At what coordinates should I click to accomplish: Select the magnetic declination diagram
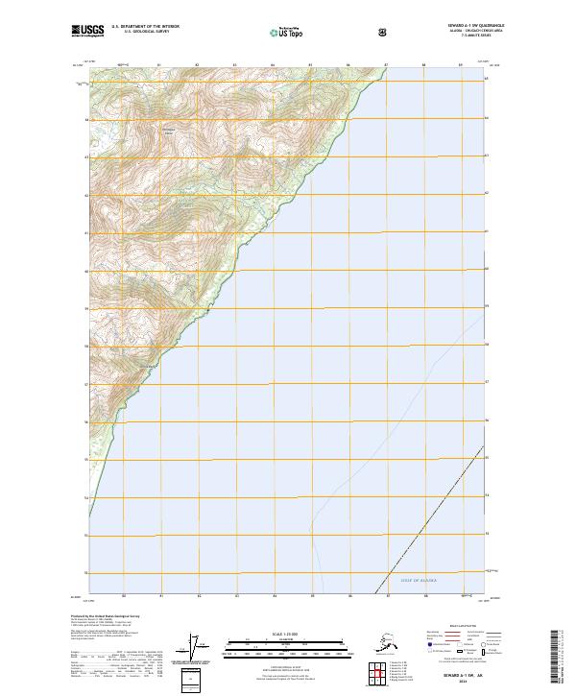[x=199, y=648]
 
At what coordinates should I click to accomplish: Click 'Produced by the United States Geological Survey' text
[x=106, y=615]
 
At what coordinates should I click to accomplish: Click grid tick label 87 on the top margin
[x=385, y=66]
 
